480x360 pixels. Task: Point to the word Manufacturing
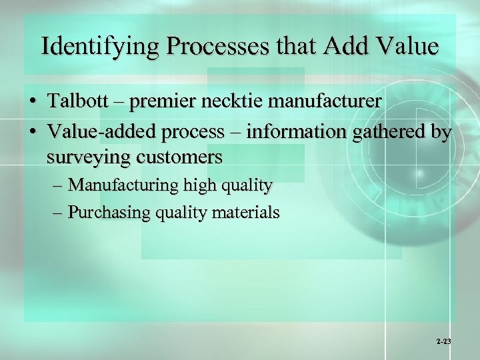click(x=123, y=185)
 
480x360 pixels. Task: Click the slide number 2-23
click(x=443, y=341)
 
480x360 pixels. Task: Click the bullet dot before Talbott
click(x=32, y=102)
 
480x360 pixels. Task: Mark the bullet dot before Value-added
click(x=32, y=132)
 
